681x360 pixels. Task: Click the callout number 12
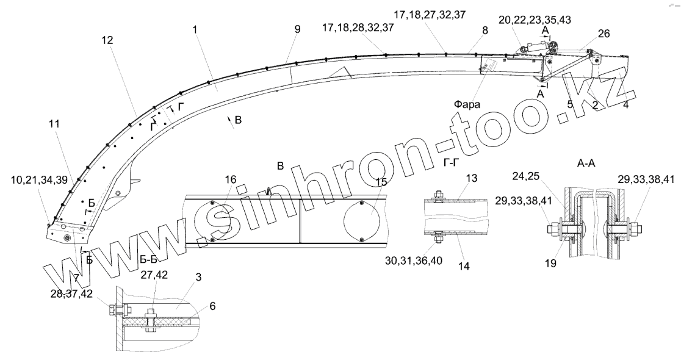[107, 40]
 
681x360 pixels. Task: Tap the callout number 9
[297, 29]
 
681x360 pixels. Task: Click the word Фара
[467, 104]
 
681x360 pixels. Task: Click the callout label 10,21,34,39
[38, 180]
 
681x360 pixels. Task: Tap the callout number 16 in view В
[231, 179]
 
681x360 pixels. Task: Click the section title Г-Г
[452, 162]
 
